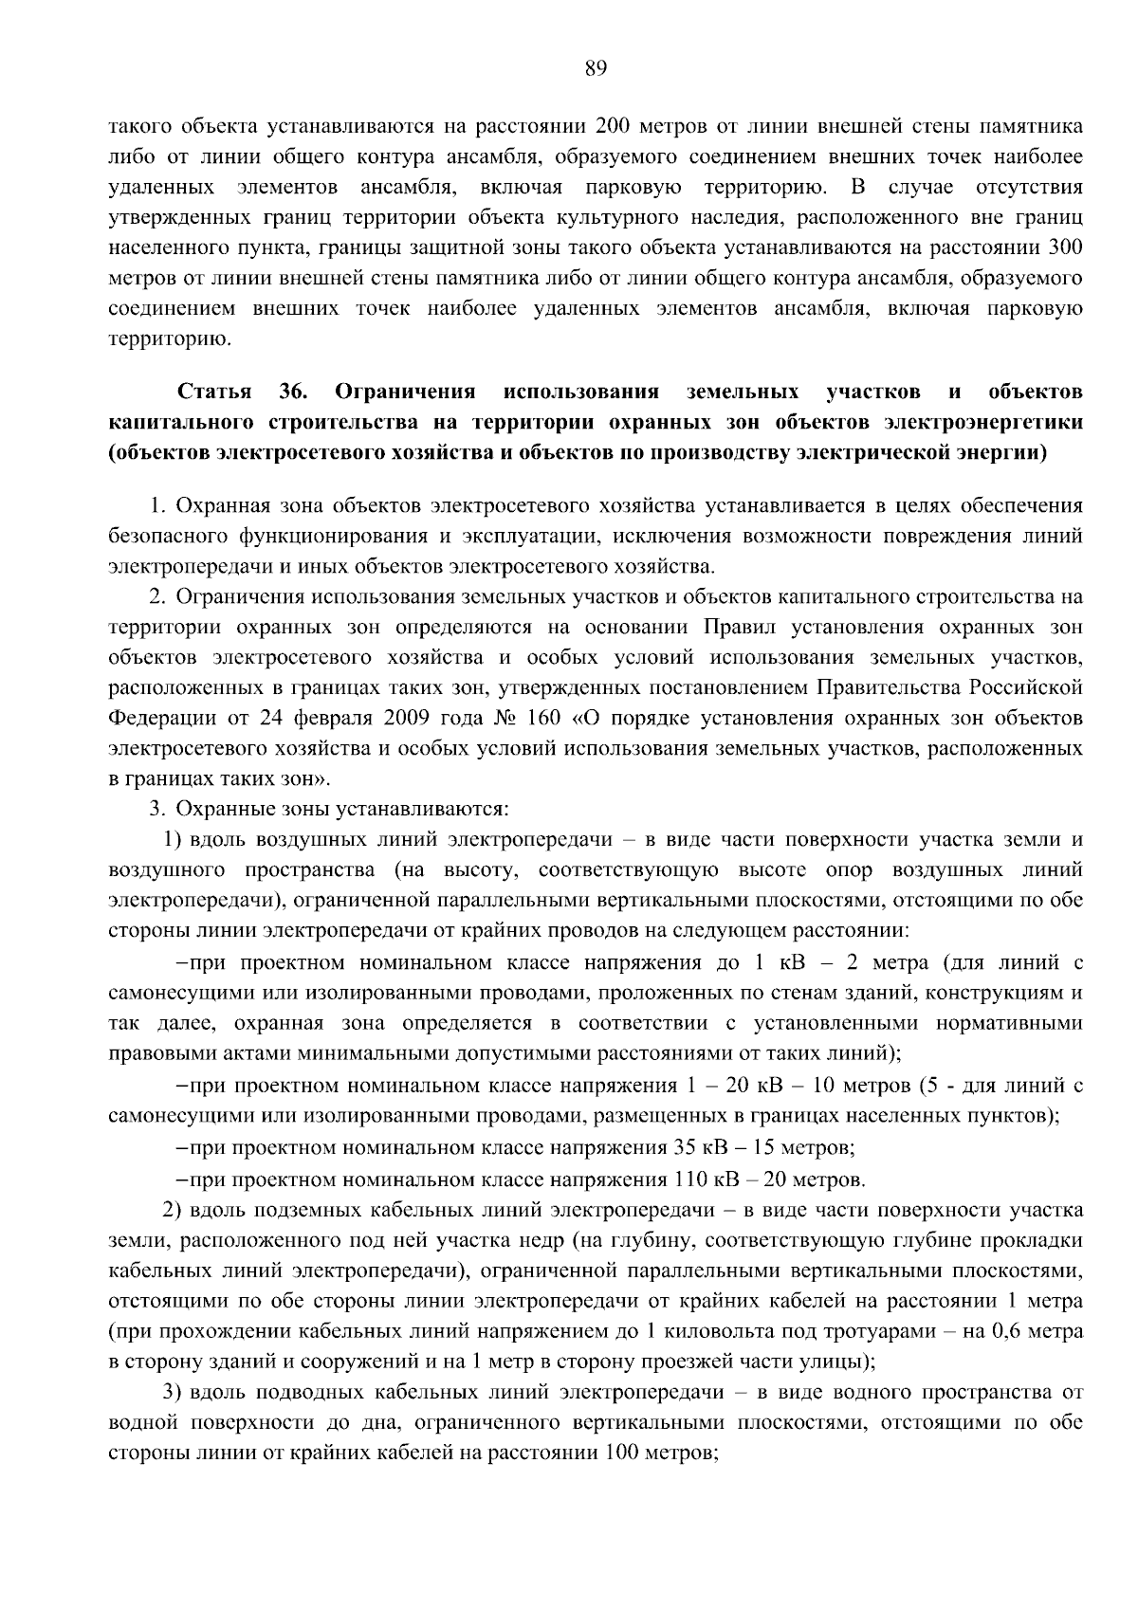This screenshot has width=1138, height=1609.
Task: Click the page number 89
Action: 596,66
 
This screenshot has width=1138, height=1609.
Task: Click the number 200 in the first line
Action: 617,125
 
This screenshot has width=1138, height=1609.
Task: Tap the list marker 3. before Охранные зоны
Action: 157,809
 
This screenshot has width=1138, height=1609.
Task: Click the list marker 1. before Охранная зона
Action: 157,505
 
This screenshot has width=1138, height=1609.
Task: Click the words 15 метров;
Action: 803,1148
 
